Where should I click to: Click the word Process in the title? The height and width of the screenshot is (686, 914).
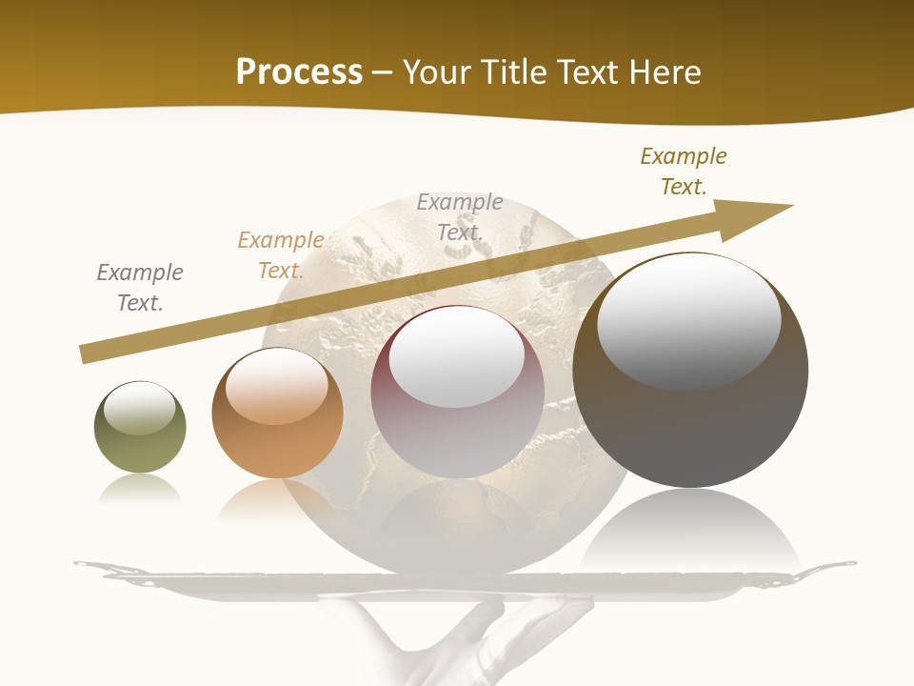299,72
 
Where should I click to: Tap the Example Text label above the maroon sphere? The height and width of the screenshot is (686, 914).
460,216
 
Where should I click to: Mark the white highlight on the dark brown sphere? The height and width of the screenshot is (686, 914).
689,319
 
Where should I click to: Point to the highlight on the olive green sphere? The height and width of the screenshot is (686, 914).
139,408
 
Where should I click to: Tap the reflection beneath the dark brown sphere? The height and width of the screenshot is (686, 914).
690,534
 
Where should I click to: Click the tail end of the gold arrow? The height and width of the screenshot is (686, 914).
90,353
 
